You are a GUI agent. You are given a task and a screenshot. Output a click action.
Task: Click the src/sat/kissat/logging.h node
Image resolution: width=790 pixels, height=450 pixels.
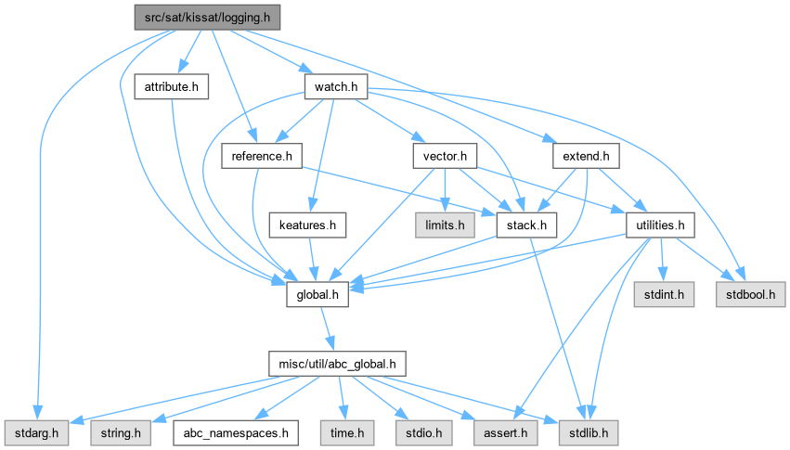[207, 18]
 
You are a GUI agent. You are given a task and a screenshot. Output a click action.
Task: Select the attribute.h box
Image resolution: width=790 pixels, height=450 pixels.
[172, 86]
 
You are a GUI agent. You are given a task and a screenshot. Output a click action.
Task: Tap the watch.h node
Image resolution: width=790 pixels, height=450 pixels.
[336, 86]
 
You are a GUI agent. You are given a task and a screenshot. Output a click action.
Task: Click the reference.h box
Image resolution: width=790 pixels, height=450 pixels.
[262, 156]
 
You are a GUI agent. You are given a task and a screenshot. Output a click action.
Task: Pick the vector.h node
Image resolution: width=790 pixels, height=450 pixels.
[445, 156]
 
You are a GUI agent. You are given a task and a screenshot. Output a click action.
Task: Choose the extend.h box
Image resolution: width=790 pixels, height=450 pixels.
[586, 156]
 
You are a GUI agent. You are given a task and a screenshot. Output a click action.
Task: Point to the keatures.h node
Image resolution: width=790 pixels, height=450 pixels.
[307, 225]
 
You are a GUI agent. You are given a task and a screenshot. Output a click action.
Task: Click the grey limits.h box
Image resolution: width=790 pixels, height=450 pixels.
[445, 225]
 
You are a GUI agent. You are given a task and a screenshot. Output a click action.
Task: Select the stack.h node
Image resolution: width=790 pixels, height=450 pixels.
[526, 225]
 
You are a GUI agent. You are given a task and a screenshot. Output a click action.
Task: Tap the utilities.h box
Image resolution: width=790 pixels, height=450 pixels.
[660, 225]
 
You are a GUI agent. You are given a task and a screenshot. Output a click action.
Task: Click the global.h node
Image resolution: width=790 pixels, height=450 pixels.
[317, 294]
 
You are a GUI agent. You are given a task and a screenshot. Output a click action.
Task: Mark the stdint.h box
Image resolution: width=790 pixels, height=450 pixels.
[664, 294]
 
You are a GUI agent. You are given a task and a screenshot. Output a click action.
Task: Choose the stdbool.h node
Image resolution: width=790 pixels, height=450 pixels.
[751, 294]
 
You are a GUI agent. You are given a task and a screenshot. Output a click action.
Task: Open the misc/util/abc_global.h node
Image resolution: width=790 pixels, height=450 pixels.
[337, 364]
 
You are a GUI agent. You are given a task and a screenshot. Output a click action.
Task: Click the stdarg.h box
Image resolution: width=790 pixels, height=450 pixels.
[36, 433]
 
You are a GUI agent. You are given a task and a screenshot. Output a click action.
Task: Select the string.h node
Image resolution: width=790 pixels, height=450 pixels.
[121, 433]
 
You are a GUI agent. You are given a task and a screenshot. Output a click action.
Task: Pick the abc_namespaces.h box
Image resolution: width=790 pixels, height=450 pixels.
[236, 433]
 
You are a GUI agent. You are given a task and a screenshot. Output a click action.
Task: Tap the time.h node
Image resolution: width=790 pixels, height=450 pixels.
[347, 433]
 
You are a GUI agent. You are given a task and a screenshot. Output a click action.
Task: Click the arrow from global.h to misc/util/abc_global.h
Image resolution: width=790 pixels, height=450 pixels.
[327, 328]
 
